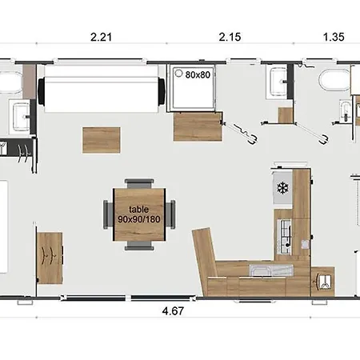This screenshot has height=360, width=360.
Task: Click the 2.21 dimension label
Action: pyautogui.click(x=101, y=37)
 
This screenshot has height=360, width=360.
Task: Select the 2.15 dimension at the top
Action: pyautogui.click(x=230, y=37)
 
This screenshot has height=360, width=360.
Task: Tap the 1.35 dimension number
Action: pyautogui.click(x=334, y=37)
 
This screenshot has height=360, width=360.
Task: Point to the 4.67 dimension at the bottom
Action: pyautogui.click(x=173, y=311)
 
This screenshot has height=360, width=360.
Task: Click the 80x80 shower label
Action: pyautogui.click(x=198, y=75)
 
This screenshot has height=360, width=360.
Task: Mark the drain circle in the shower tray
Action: pyautogui.click(x=178, y=73)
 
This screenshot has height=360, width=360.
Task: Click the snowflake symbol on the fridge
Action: pyautogui.click(x=282, y=187)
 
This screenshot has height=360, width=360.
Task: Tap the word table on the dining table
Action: pyautogui.click(x=138, y=210)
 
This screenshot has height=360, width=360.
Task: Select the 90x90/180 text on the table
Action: pyautogui.click(x=139, y=219)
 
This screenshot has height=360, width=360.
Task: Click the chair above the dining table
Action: pyautogui.click(x=139, y=184)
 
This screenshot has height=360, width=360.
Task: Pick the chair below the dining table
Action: pyautogui.click(x=139, y=246)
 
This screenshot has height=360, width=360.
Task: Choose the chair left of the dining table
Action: pyautogui.click(x=108, y=214)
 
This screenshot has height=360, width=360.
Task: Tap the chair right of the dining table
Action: pyautogui.click(x=170, y=214)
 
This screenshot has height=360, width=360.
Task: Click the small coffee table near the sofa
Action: pyautogui.click(x=102, y=140)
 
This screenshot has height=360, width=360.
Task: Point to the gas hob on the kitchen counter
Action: pyautogui.click(x=285, y=237)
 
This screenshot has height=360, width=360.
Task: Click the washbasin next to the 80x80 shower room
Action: pyautogui.click(x=278, y=82)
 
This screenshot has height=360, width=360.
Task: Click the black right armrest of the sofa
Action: pyautogui.click(x=162, y=91)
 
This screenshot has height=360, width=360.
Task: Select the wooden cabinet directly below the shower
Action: pyautogui.click(x=198, y=126)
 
